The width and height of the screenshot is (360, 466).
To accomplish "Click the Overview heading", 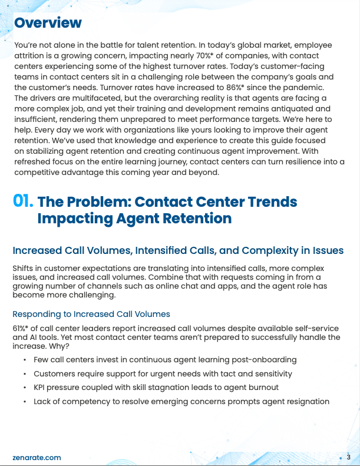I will tap(48, 23).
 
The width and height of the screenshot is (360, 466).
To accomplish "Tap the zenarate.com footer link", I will tap(37, 457).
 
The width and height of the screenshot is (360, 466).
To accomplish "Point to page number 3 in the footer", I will tap(348, 457).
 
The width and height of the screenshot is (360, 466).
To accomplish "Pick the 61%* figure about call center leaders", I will tap(21, 328).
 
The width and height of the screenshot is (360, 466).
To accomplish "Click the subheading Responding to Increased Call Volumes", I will tap(91, 313).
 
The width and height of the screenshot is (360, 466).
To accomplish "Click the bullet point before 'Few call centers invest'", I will tap(24, 359).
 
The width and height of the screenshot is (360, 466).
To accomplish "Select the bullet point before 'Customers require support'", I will tap(24, 374).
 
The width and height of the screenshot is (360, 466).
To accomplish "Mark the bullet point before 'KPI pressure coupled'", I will tap(24, 388).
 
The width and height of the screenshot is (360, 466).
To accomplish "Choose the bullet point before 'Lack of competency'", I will tap(24, 402).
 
